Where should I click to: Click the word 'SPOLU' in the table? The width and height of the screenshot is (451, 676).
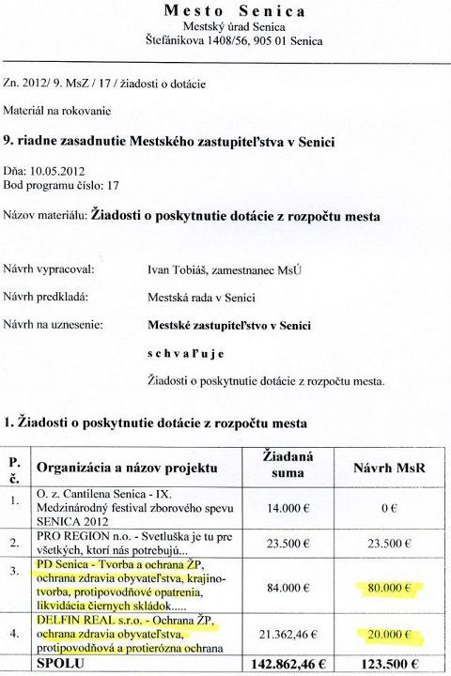click(59, 665)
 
